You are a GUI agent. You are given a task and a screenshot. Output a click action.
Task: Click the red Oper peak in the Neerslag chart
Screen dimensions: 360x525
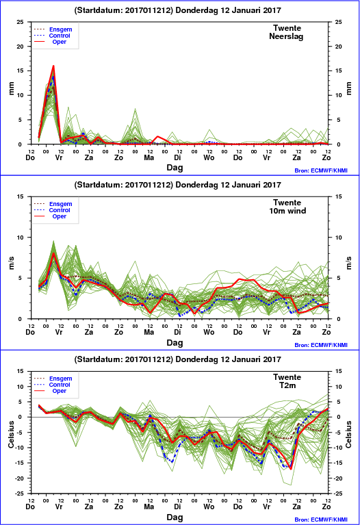53,66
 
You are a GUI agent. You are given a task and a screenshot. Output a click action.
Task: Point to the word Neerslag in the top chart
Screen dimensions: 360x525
286,36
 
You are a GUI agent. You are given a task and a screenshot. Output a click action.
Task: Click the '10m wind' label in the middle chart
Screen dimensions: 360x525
287,211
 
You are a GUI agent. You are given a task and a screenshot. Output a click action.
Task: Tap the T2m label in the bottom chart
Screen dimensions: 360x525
287,385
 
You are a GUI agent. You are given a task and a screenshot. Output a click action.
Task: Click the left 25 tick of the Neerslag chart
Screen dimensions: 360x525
21,22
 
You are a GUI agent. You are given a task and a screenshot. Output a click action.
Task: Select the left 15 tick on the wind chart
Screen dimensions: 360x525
21,196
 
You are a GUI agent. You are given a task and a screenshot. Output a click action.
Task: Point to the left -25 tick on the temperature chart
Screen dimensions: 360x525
19,494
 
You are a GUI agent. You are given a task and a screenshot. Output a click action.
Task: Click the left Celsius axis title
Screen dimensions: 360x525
11,434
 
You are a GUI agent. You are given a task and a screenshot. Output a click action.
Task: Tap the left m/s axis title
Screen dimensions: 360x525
11,263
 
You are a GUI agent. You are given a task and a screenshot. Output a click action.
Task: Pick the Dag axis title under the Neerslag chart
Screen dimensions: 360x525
175,168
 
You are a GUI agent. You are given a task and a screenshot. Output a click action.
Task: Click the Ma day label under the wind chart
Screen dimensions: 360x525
149,332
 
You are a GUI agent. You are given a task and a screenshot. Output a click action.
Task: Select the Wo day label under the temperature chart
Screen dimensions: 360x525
209,507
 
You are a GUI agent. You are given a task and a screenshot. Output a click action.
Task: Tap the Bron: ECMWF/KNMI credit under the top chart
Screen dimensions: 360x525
321,170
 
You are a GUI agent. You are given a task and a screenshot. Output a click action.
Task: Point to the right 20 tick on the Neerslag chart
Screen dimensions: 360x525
339,47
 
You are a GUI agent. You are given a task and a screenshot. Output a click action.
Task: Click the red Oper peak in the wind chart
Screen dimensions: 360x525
53,253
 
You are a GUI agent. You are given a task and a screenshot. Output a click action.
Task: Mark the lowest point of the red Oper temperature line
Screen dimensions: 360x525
291,469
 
